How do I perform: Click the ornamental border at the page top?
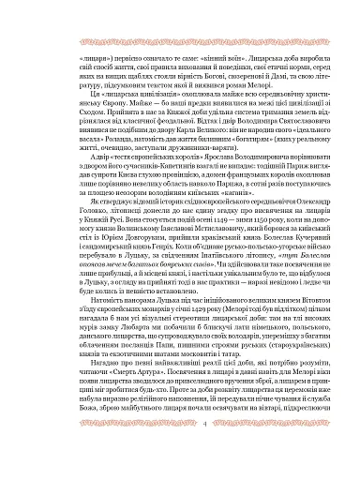click(180, 42)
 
